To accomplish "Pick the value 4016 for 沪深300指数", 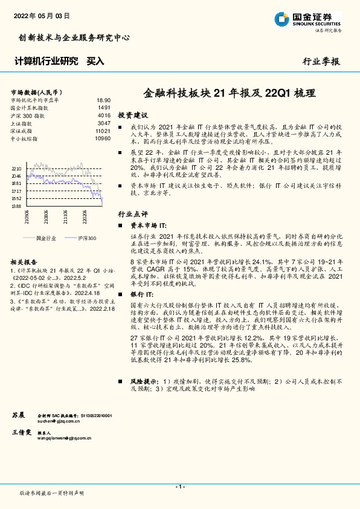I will (x=103, y=115).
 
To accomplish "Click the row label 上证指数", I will (x=22, y=123).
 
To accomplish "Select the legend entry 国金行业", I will (x=46, y=238).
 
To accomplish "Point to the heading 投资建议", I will (x=132, y=115).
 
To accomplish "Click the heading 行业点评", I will (x=132, y=214).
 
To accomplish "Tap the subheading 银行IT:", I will (x=143, y=293).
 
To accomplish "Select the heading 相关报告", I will (x=25, y=262).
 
